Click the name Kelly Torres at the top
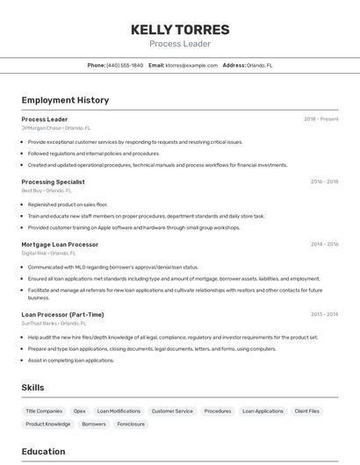tap(180, 29)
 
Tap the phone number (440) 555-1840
tap(124, 65)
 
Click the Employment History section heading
tap(65, 100)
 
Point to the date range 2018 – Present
tap(320, 119)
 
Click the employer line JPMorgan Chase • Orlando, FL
tap(56, 128)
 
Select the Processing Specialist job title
tap(53, 182)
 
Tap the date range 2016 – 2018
tap(324, 182)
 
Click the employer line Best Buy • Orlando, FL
tap(47, 190)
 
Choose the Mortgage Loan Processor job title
tap(60, 244)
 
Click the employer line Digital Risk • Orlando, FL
tap(49, 253)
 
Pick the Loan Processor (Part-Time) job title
tap(62, 314)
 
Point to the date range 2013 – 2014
tap(324, 314)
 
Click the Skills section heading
tap(32, 387)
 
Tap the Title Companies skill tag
tap(44, 411)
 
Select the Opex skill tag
tap(79, 411)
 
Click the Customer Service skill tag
tap(172, 411)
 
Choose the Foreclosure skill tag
tap(131, 424)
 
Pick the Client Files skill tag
tap(307, 411)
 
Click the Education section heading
tap(43, 452)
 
